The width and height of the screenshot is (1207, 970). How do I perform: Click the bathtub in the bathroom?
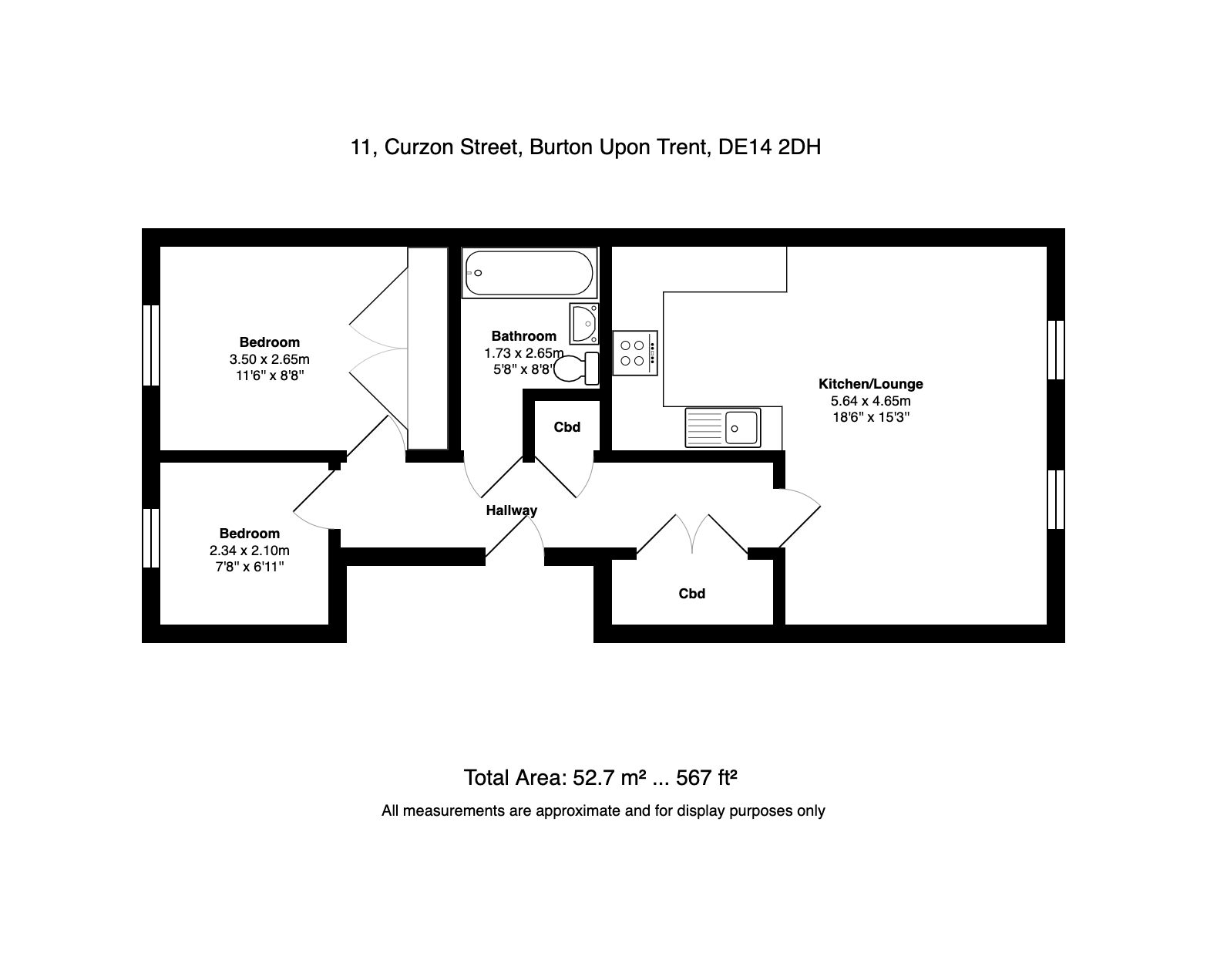coord(529,273)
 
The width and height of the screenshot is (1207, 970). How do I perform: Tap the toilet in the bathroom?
coord(577,368)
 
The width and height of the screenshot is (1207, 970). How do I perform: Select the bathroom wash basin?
coord(584,324)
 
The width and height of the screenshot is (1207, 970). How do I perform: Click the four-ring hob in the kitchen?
coord(635,353)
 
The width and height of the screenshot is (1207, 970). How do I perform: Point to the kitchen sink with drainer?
coord(723,428)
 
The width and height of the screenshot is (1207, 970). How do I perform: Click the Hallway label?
coord(512,510)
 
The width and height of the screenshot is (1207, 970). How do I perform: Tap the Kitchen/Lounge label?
coord(870,384)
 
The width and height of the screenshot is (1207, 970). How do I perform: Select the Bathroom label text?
coord(524,336)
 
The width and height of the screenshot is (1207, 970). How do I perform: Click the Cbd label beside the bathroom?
coord(567,427)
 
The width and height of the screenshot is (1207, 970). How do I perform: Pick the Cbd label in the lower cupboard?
coord(691,593)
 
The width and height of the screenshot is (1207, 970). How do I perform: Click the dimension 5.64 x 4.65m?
coord(870,400)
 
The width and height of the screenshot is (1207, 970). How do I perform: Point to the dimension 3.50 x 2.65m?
coord(269,359)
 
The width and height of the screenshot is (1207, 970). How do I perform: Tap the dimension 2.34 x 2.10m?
coord(250,551)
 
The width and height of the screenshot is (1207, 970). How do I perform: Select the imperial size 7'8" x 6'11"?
coord(250,567)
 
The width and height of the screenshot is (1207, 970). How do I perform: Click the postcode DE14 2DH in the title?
coord(769,147)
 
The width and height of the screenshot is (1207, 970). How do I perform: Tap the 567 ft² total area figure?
coord(706,777)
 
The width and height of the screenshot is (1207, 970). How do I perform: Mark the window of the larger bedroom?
coord(151,345)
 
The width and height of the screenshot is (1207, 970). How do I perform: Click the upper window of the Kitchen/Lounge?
coord(1056,350)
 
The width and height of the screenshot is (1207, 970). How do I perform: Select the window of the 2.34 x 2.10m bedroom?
coord(151,538)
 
